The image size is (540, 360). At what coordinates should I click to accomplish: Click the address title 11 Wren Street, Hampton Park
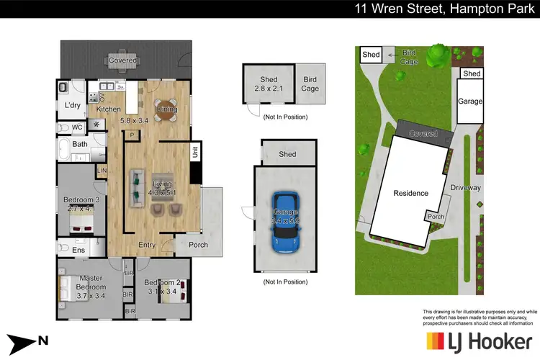pyautogui.click(x=441, y=9)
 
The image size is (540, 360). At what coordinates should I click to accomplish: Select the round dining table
pyautogui.click(x=165, y=108)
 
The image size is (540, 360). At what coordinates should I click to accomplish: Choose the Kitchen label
pyautogui.click(x=109, y=109)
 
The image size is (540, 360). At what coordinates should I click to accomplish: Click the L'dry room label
pyautogui.click(x=73, y=105)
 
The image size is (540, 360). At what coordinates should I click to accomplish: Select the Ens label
pyautogui.click(x=78, y=251)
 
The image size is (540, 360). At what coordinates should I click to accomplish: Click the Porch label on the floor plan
pyautogui.click(x=198, y=245)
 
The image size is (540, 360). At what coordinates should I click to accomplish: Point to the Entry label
pyautogui.click(x=147, y=245)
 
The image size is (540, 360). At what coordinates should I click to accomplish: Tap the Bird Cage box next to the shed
pyautogui.click(x=310, y=84)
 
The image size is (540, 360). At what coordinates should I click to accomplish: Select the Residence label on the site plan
pyautogui.click(x=410, y=193)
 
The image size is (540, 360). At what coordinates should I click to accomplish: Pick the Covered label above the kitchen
pyautogui.click(x=122, y=60)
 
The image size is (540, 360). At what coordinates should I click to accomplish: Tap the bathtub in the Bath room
pyautogui.click(x=64, y=150)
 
